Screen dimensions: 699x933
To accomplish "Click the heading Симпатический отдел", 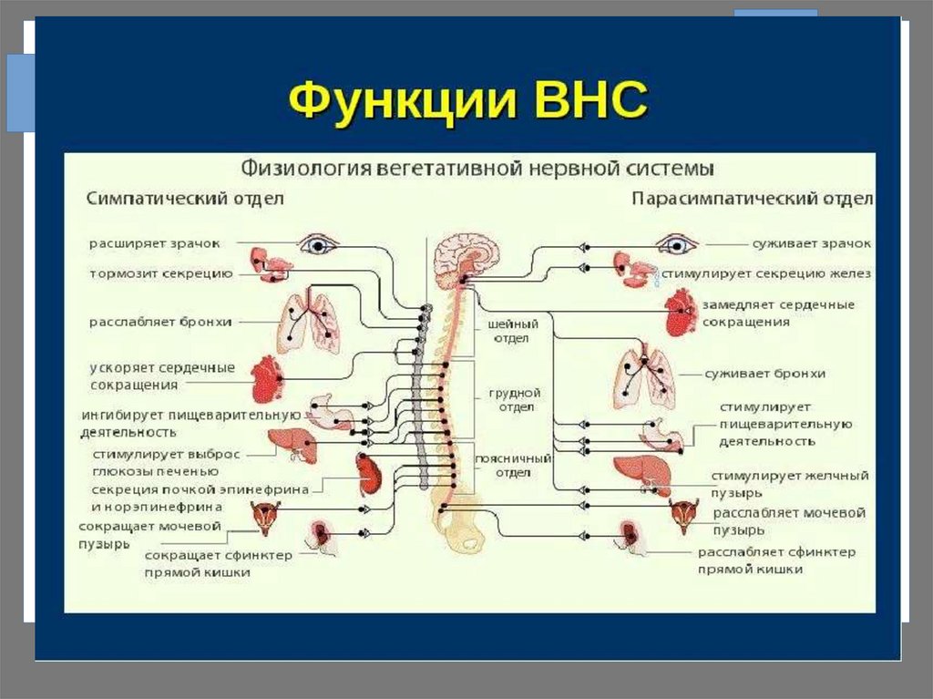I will [186, 199].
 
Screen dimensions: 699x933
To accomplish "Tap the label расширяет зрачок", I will [155, 243].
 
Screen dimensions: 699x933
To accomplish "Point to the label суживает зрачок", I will [811, 243].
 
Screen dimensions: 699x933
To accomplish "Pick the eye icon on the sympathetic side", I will [319, 243].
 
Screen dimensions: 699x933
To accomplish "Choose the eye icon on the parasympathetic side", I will [677, 243].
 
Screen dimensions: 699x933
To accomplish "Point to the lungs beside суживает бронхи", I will [644, 377].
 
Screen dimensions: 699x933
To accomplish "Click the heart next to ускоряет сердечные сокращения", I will [266, 379].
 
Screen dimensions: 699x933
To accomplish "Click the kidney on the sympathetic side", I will [368, 474].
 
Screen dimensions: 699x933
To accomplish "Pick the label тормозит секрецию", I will [161, 272].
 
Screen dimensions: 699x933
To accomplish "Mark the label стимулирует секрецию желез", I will [766, 272].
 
